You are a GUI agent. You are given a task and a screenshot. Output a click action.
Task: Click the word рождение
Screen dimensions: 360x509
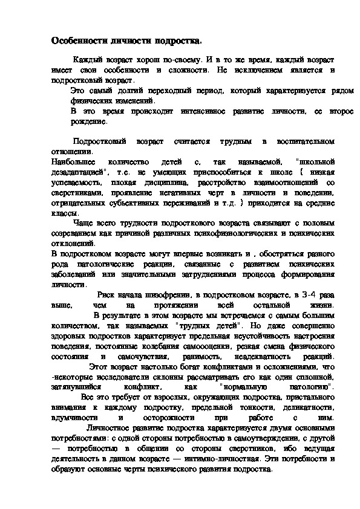coord(88,121)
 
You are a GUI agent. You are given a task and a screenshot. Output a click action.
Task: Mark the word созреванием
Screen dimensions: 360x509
coord(79,233)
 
